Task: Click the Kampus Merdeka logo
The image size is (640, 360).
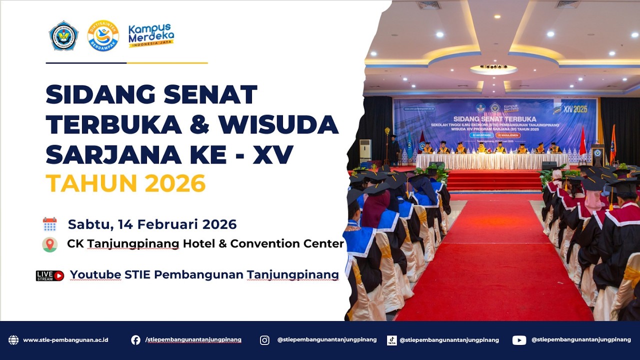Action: (151, 35)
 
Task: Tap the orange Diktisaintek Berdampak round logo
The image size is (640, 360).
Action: (103, 35)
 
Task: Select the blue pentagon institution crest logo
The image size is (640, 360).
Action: (63, 36)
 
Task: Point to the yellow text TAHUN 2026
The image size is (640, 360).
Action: (125, 183)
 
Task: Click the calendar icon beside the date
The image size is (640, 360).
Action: (50, 224)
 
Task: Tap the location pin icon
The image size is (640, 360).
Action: (49, 244)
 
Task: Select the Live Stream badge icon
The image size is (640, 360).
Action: (50, 275)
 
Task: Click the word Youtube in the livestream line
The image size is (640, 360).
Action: (95, 274)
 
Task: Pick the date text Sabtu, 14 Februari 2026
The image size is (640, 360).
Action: (152, 224)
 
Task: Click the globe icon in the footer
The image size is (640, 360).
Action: (13, 340)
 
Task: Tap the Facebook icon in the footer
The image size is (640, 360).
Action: (135, 340)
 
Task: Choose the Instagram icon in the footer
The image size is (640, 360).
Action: (264, 340)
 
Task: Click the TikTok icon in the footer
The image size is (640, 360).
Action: (392, 340)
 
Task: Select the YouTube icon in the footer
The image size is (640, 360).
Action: (519, 340)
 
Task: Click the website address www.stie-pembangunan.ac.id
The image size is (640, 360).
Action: (65, 340)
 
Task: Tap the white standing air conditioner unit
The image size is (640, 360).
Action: (365, 149)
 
